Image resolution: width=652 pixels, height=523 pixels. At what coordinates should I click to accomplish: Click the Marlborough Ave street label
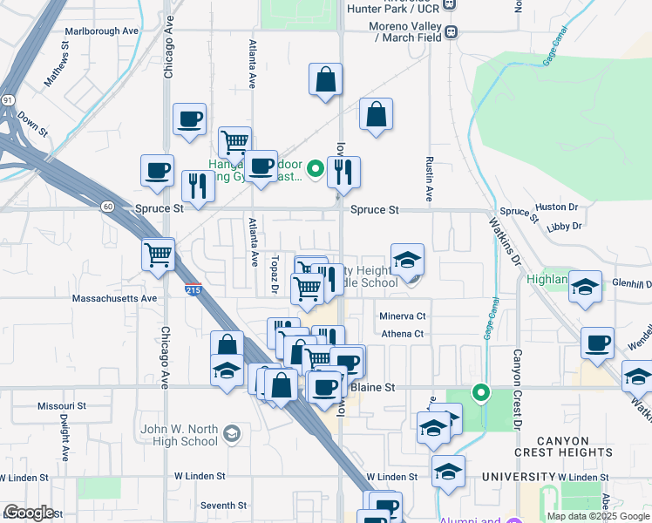coord(102,31)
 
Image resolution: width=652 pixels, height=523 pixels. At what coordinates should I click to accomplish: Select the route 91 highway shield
coord(6,99)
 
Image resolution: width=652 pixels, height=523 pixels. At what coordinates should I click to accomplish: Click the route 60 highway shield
coord(107,207)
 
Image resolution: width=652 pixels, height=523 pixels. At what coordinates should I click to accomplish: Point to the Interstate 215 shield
coord(194,289)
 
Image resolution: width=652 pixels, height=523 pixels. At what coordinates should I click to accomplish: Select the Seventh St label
coord(223,506)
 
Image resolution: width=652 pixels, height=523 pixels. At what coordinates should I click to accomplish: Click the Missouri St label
coord(62,406)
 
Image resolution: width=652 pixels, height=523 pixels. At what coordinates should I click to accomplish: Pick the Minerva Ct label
coord(402,316)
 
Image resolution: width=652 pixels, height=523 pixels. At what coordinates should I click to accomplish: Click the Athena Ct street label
coord(401,334)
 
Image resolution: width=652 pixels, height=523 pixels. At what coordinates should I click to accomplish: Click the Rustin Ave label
coord(430,175)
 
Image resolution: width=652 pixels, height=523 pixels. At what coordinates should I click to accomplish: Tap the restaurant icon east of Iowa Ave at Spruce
coord(344,173)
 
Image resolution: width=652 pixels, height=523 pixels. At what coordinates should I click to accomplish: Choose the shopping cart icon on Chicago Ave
coord(159,255)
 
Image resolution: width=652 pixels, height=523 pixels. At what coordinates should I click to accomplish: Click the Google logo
coord(28,513)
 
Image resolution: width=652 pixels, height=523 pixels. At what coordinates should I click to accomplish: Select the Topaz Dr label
coord(274,275)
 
